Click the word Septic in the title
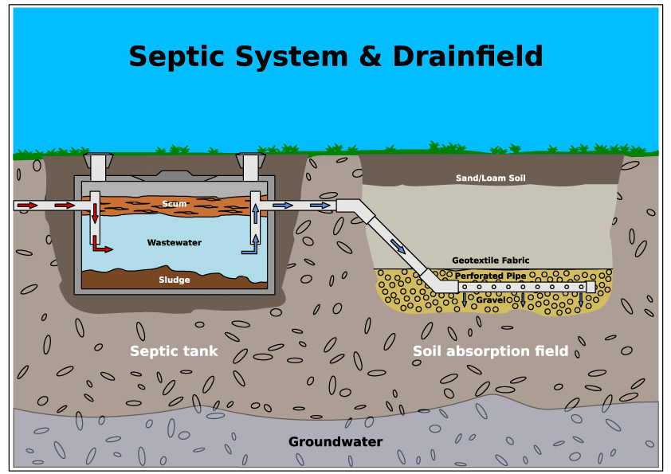[172, 57]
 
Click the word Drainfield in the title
[468, 57]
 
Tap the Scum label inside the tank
[175, 204]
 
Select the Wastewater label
[174, 243]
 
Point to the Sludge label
[174, 280]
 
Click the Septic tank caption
[174, 351]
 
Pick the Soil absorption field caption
[490, 351]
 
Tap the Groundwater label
[335, 441]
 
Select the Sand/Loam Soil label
[490, 178]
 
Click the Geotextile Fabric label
[490, 261]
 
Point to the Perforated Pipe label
[490, 276]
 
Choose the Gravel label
[490, 300]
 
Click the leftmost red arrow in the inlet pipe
[27, 206]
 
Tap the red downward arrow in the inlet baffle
[95, 213]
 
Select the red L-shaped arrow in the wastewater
[100, 245]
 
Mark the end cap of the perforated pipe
[591, 287]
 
